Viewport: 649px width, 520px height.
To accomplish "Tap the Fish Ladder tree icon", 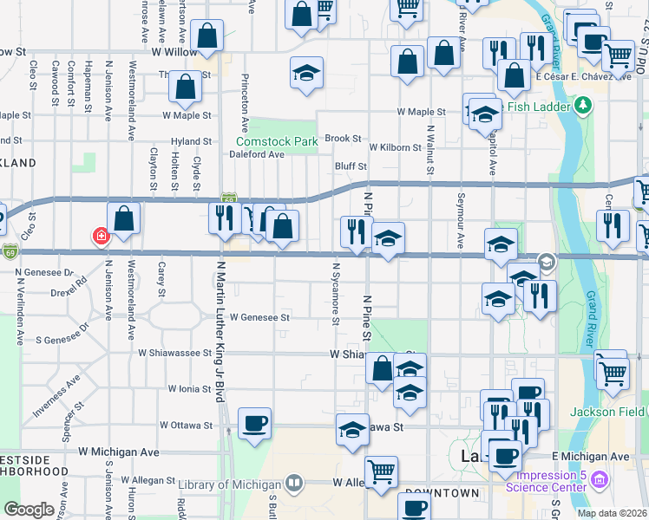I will [x=583, y=107].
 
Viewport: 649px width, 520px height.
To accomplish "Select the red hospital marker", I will [x=102, y=236].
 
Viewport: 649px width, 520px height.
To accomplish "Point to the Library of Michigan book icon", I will [x=294, y=483].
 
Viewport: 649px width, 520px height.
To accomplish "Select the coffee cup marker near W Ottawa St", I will [x=254, y=424].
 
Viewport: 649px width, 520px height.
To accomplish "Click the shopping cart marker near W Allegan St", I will [x=381, y=472].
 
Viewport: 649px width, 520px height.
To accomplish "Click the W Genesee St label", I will [x=259, y=318].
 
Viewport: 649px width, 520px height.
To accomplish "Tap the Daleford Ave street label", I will [x=257, y=154].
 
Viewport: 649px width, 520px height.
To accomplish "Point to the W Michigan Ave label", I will [x=119, y=452].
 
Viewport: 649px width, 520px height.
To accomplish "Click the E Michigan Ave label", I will [x=594, y=456].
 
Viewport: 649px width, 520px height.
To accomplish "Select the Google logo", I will [x=29, y=510].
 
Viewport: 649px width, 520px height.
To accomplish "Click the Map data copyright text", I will [x=612, y=513].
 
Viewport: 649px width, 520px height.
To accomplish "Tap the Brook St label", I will [x=343, y=139].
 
